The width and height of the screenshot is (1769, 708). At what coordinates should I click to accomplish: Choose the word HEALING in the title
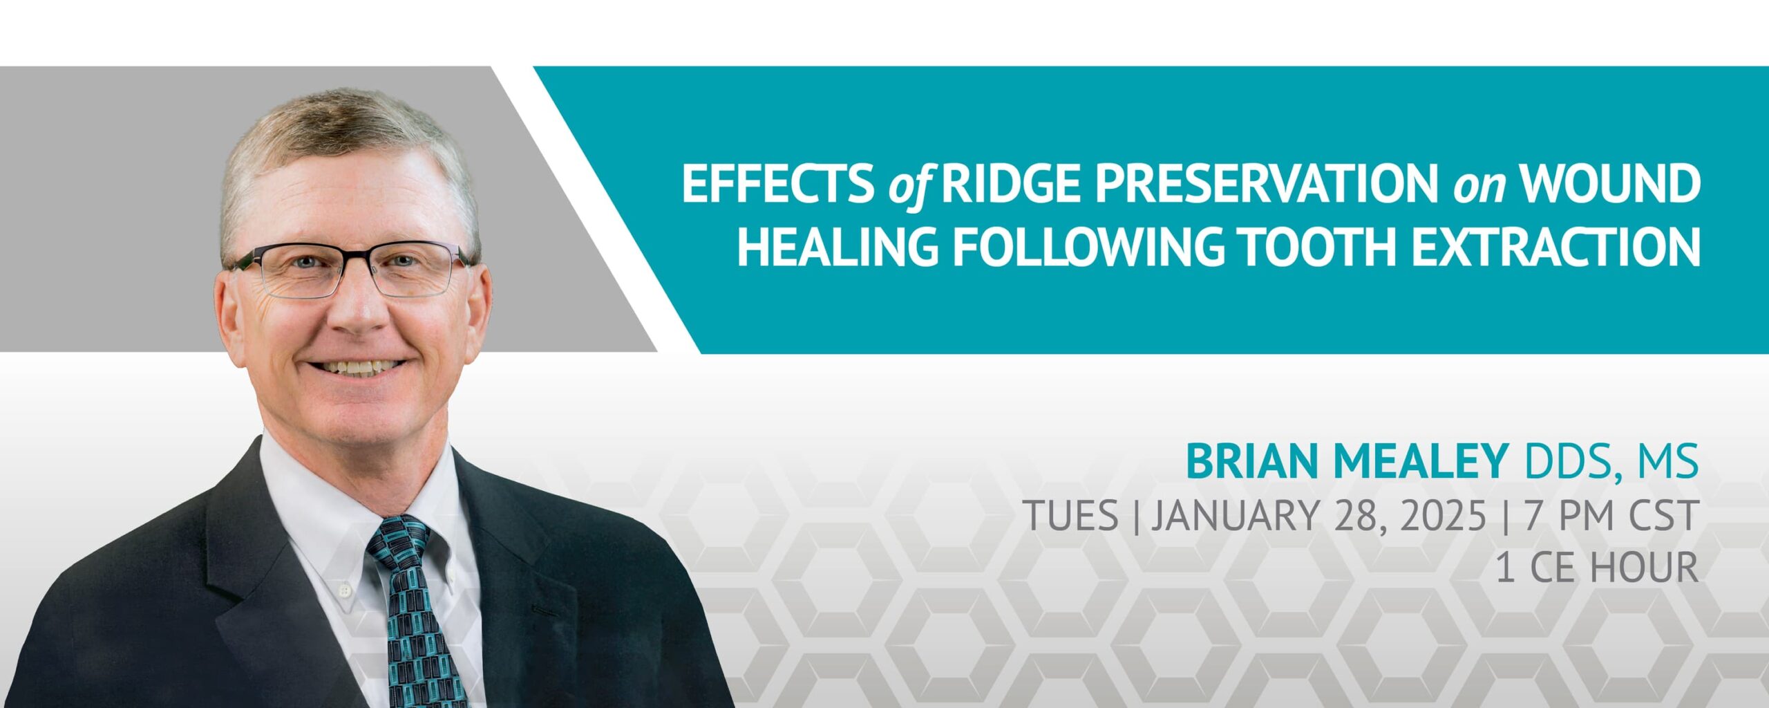click(838, 246)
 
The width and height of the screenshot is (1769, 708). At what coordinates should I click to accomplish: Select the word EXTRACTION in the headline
click(1555, 246)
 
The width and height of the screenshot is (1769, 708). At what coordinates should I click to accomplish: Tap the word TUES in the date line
click(1070, 515)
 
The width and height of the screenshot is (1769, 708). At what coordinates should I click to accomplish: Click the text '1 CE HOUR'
click(1597, 568)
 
